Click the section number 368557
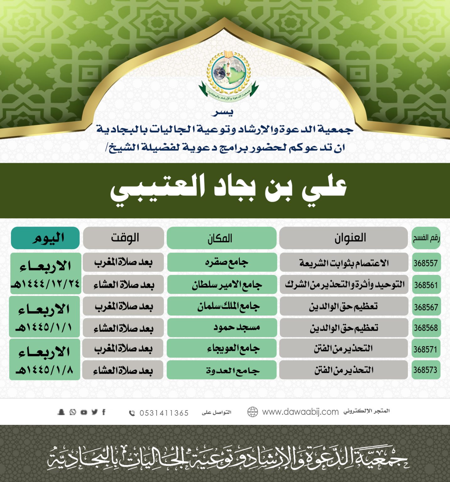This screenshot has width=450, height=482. tap(426, 263)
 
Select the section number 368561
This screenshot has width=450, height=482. tap(426, 285)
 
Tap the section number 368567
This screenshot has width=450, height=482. tap(426, 307)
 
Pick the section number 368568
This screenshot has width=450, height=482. tap(426, 328)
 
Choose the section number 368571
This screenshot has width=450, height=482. tap(426, 349)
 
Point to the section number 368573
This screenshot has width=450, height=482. tap(426, 370)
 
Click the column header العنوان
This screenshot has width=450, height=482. tap(350, 238)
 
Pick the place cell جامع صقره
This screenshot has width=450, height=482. tap(227, 262)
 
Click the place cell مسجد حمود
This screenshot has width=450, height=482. tap(237, 328)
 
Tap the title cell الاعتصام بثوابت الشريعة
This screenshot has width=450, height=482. tap(344, 263)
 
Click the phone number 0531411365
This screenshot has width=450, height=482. tap(164, 413)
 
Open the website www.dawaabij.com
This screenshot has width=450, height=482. tap(300, 412)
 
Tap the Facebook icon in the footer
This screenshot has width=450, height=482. tap(104, 412)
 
